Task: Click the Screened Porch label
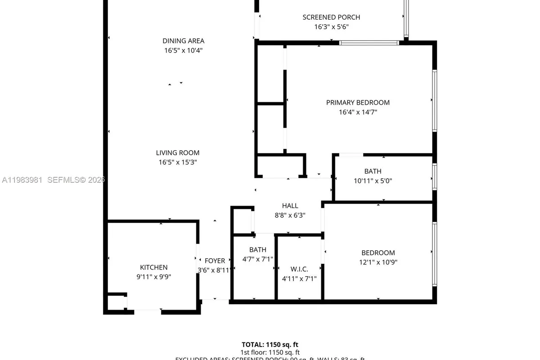pyautogui.click(x=331, y=17)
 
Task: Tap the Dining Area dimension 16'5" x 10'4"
pyautogui.click(x=183, y=51)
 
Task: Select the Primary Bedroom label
pyautogui.click(x=358, y=103)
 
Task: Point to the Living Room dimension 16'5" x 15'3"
pyautogui.click(x=177, y=162)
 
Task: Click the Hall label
pyautogui.click(x=290, y=206)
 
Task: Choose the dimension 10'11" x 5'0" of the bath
pyautogui.click(x=373, y=181)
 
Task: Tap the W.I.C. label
pyautogui.click(x=299, y=269)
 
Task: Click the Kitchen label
pyautogui.click(x=153, y=267)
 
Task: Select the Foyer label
pyautogui.click(x=215, y=261)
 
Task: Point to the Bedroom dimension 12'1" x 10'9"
pyautogui.click(x=378, y=262)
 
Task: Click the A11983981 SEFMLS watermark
pyautogui.click(x=53, y=180)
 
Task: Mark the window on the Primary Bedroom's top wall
pyautogui.click(x=369, y=43)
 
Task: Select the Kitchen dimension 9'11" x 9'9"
pyautogui.click(x=153, y=277)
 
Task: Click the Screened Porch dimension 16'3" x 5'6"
pyautogui.click(x=331, y=27)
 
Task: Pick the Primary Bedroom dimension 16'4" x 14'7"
pyautogui.click(x=358, y=112)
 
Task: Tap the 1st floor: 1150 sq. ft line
pyautogui.click(x=270, y=352)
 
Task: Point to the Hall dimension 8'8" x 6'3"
pyautogui.click(x=290, y=215)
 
